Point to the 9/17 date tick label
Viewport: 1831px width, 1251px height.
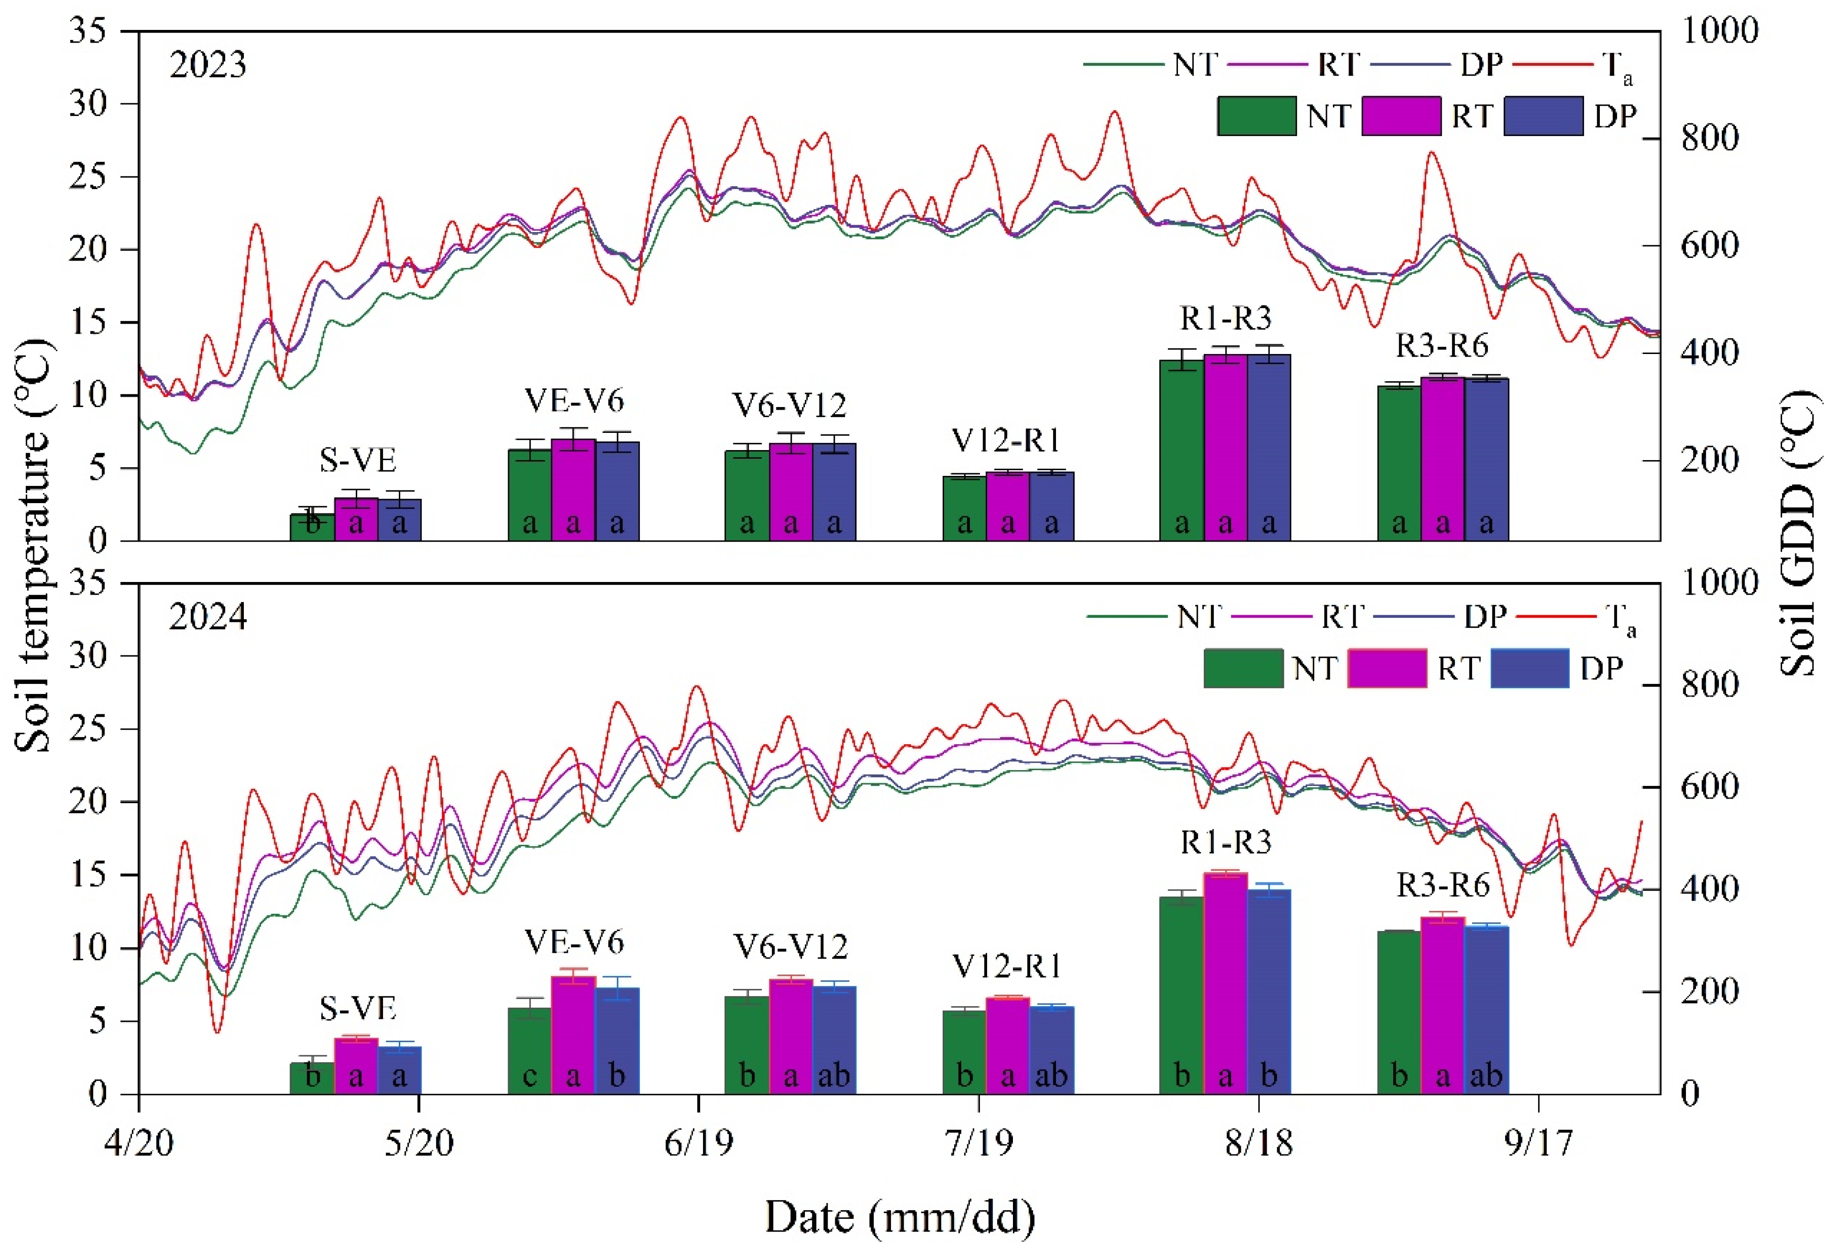1539,1142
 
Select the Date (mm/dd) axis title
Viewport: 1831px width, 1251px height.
900,1217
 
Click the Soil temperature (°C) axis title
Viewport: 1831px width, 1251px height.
33,546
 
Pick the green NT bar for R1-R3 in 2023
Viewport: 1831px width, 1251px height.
1182,450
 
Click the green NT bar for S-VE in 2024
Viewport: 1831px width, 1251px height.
312,1078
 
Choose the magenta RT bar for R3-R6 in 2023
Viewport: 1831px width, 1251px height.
1443,459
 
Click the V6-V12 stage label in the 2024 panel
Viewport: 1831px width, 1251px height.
790,946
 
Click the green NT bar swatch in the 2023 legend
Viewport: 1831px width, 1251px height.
1257,116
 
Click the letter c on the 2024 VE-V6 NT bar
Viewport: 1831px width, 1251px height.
529,1076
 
